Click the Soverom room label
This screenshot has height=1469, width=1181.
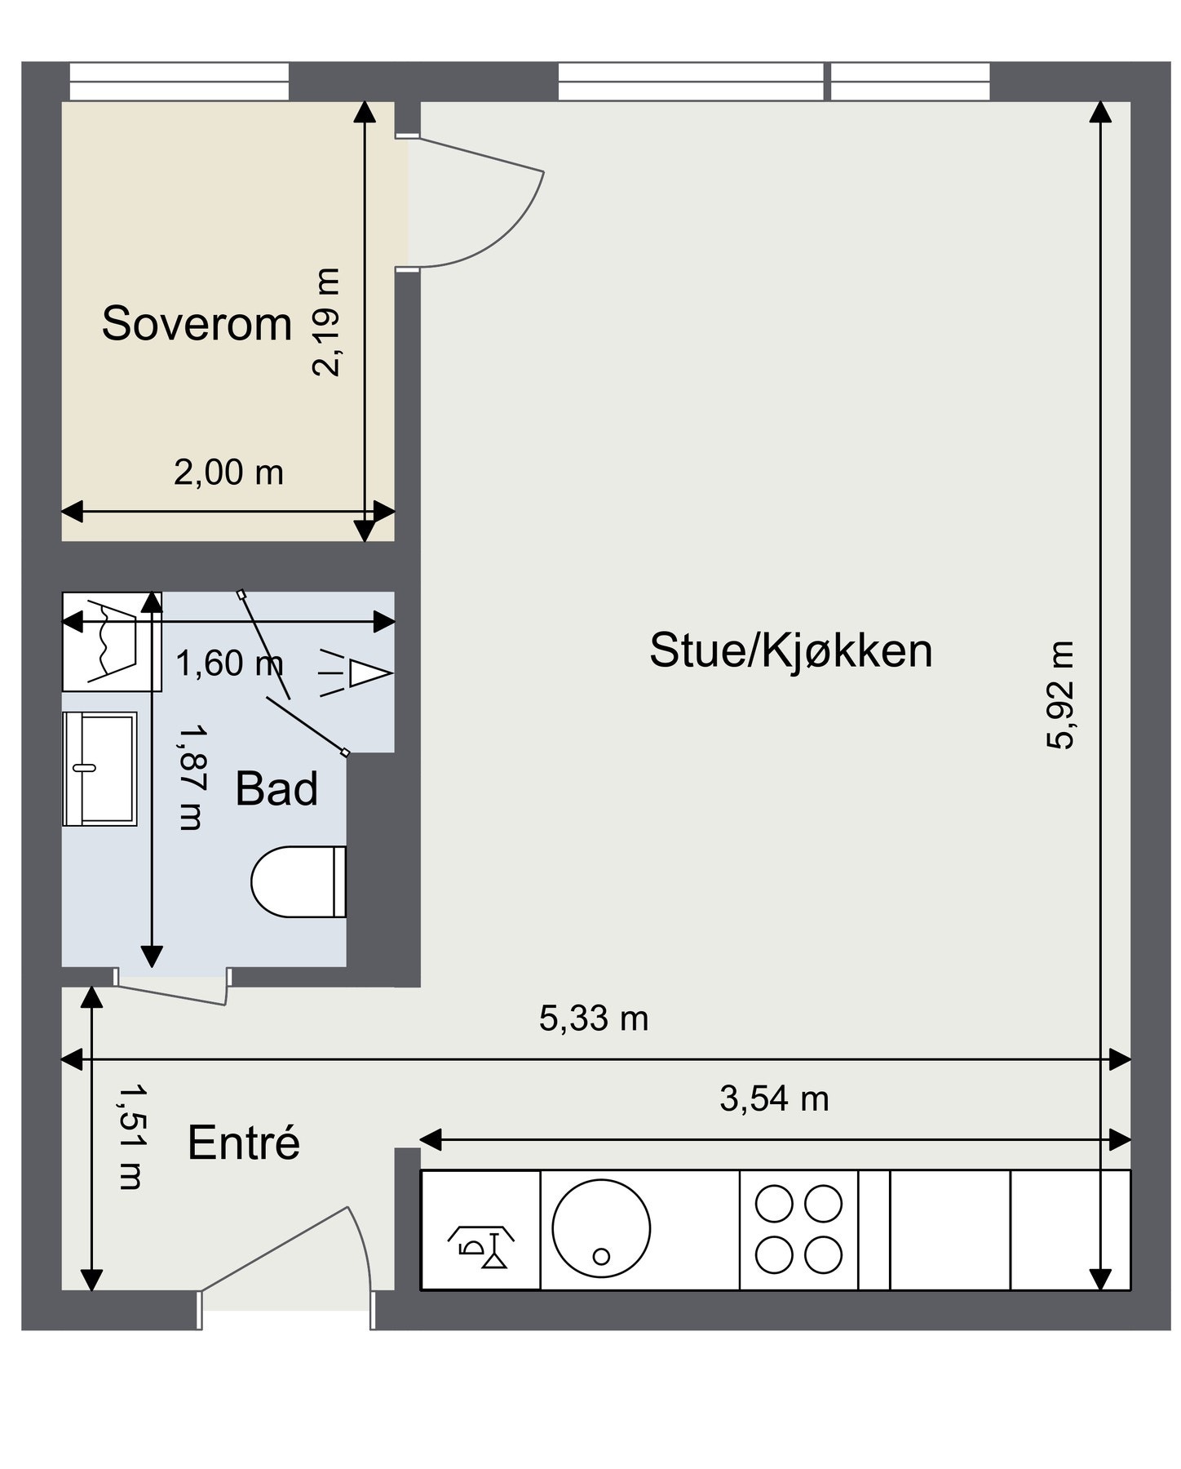[197, 323]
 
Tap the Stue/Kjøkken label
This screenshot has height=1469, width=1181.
[790, 650]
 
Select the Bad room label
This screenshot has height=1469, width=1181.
[276, 789]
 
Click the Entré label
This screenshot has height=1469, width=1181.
[243, 1143]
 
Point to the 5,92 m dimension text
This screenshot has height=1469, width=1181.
[1060, 695]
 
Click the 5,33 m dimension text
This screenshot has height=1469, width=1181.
[593, 1019]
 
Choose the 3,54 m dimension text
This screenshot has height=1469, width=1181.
[773, 1098]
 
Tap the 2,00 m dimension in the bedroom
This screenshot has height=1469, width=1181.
[228, 473]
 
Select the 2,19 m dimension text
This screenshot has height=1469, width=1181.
[326, 322]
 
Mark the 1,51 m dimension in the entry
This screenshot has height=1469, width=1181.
[131, 1136]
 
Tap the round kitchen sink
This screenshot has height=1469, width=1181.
[601, 1229]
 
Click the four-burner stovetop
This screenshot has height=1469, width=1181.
[798, 1230]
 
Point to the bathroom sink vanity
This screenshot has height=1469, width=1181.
[100, 768]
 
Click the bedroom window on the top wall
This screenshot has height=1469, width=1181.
[179, 82]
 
